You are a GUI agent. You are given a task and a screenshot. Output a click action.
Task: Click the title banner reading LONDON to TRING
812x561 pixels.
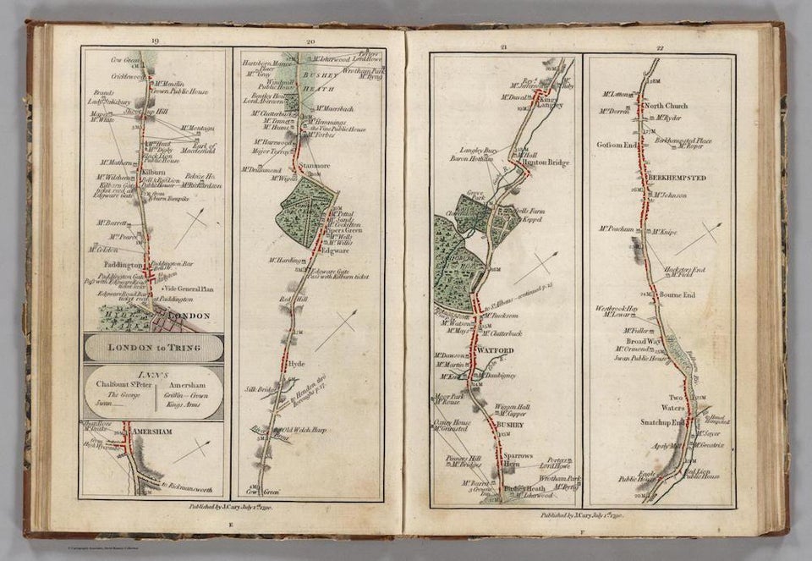[x=153, y=348]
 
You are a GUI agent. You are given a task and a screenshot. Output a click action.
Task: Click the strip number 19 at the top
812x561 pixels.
[x=154, y=41]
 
